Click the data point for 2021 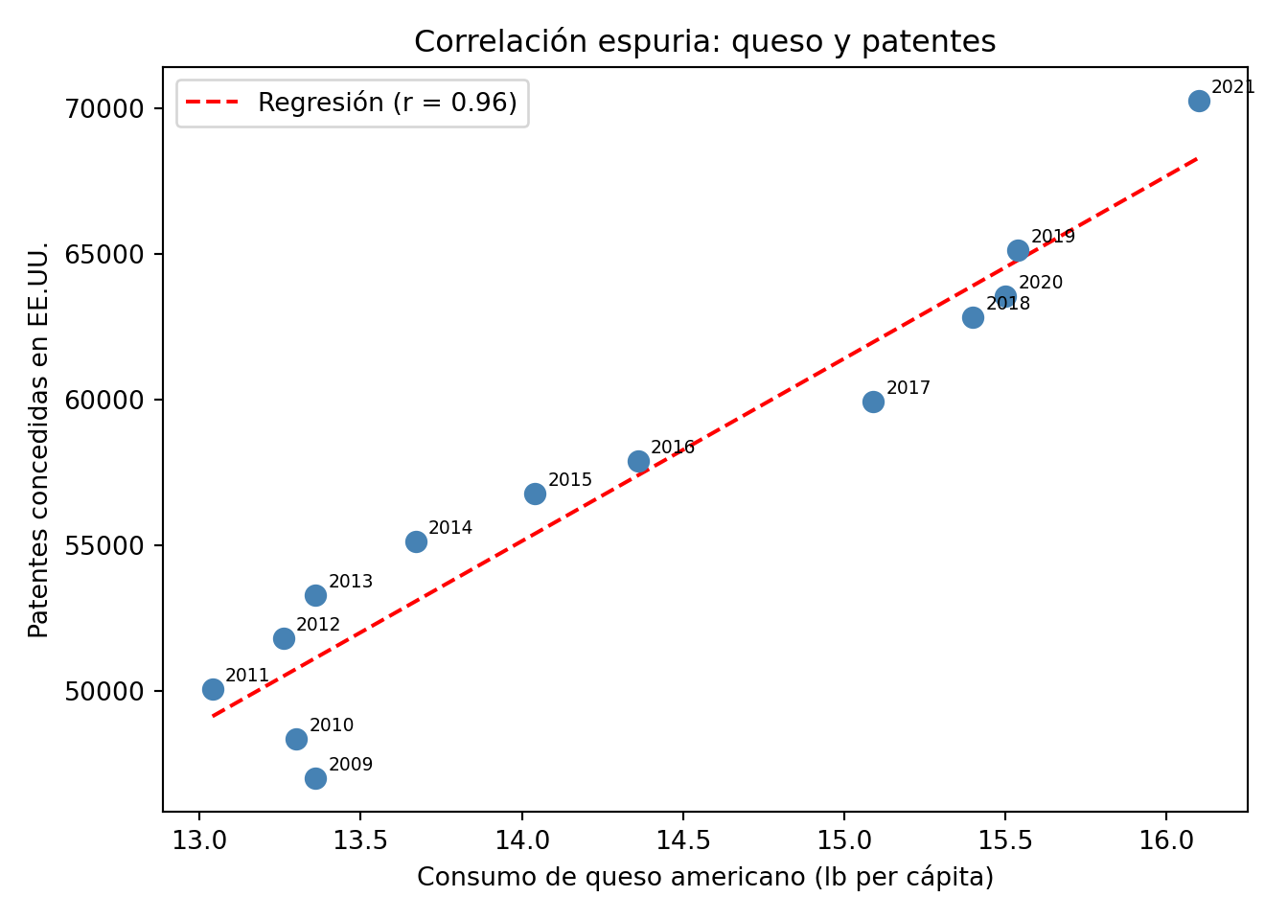click(1199, 101)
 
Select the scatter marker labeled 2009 click(315, 778)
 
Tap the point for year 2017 click(873, 402)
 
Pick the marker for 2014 click(416, 541)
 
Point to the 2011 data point click(213, 689)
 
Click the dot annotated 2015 click(535, 494)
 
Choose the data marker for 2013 click(315, 595)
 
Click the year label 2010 click(332, 725)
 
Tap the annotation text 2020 click(1041, 283)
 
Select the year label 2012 click(318, 625)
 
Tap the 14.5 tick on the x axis click(682, 840)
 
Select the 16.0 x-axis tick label click(1166, 840)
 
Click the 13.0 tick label click(198, 840)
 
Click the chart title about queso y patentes click(704, 41)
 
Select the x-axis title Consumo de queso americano click(704, 877)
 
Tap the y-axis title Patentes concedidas click(38, 439)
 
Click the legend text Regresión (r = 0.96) click(387, 103)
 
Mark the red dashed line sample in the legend click(212, 103)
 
